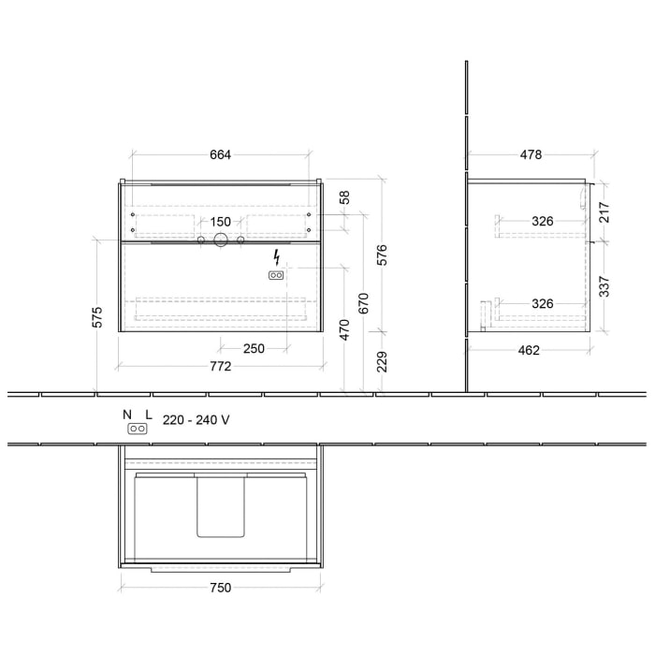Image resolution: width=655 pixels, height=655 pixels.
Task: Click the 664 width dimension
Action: pos(220,154)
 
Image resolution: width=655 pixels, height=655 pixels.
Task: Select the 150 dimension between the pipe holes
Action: pos(220,222)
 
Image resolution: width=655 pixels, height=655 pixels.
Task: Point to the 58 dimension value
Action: pos(344,197)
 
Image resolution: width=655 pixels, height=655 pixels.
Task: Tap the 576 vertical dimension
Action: pos(381,255)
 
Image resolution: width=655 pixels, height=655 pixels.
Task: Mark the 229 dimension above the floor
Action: pos(381,361)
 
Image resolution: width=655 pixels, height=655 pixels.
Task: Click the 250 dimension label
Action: pos(254,348)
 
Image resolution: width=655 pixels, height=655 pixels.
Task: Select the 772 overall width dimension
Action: pos(220,366)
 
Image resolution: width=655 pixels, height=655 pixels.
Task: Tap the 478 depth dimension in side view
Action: pos(531,154)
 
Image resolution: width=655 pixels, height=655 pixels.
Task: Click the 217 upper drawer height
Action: pos(604,211)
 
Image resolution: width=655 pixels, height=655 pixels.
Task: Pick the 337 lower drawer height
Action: pos(604,284)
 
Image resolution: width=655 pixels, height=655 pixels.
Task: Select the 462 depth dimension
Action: pos(529,351)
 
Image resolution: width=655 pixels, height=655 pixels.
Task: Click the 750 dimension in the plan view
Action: pos(220,588)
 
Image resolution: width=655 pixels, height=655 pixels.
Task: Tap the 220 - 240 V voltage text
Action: pos(196,420)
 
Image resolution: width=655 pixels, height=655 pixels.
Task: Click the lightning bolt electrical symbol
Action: pos(276,257)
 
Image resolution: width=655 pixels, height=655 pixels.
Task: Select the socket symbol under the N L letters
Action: pos(138,429)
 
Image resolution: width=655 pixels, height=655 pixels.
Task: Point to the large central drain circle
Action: pos(220,240)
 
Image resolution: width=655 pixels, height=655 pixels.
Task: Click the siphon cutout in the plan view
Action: pos(221,505)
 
